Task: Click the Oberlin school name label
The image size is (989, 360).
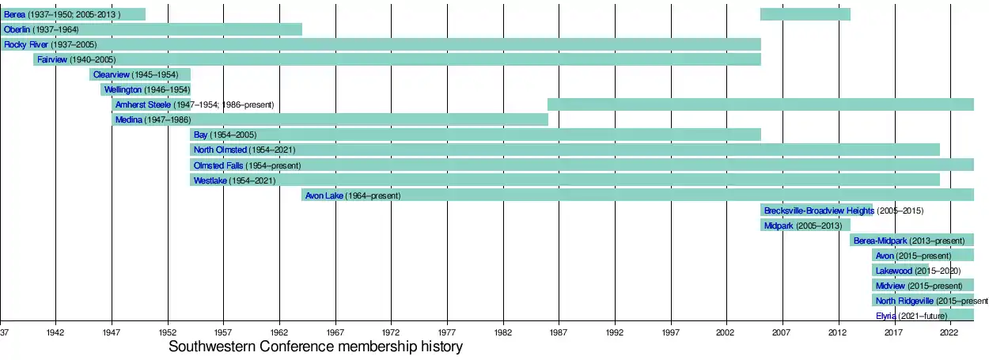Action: click(18, 29)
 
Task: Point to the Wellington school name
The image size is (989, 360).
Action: click(123, 89)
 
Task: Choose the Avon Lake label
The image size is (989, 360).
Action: click(324, 195)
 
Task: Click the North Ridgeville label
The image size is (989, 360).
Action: click(904, 301)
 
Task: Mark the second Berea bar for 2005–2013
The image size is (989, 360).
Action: click(805, 14)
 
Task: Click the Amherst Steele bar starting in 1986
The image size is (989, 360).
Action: click(760, 104)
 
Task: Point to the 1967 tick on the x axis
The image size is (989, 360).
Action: click(335, 334)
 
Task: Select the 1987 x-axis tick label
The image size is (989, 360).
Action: click(559, 334)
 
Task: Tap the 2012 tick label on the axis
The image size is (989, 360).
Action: click(838, 334)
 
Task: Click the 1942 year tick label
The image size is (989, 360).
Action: click(55, 334)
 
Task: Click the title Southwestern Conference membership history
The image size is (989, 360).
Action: click(315, 347)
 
